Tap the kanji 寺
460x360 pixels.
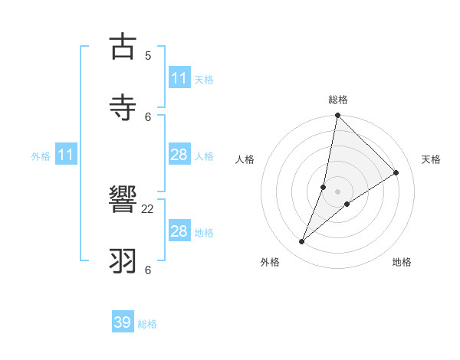tap(123, 106)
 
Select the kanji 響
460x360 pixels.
tap(123, 201)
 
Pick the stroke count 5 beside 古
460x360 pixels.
tap(148, 56)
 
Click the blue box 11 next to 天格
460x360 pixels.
tap(179, 78)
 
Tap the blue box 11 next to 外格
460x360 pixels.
tap(66, 155)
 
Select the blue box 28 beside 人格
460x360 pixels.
tap(179, 155)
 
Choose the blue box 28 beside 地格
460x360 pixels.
tap(179, 231)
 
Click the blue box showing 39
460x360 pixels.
tap(123, 322)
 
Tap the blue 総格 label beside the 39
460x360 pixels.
tap(147, 324)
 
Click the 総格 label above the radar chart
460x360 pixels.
tap(338, 100)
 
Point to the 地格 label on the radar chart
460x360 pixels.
tap(402, 262)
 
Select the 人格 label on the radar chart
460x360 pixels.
tap(245, 159)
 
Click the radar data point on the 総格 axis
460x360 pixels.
tap(337, 116)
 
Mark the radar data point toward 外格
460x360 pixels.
tap(302, 242)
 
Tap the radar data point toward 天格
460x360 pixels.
tap(396, 172)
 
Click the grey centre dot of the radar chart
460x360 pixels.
tap(338, 191)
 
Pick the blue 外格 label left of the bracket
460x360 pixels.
tap(41, 156)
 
